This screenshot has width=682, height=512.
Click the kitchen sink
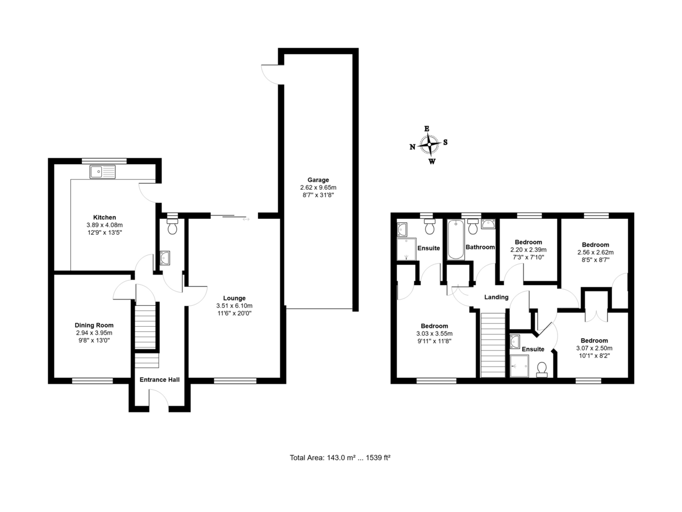102,170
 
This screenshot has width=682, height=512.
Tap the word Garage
318,180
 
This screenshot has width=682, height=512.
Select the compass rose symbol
430,145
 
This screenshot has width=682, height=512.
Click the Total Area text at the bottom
340,457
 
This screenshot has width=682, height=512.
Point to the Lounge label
234,298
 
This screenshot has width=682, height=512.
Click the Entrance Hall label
160,379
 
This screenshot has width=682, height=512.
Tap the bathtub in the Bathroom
456,239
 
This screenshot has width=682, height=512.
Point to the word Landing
496,297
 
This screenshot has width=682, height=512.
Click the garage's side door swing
269,74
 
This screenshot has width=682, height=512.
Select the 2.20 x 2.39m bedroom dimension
528,249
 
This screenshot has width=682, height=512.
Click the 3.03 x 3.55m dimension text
435,334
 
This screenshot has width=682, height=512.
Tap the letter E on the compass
427,128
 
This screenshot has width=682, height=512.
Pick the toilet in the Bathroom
472,228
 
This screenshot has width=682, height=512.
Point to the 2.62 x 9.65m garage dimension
318,188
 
